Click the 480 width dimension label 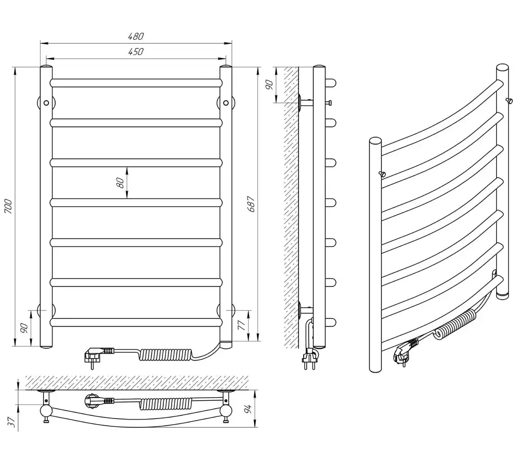tap(136, 36)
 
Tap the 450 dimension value tap(136, 51)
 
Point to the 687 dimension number tap(251, 204)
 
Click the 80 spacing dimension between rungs tap(121, 182)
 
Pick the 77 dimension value tap(242, 325)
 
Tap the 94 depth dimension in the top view tap(249, 409)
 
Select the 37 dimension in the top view tap(12, 422)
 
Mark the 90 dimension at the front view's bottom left tap(24, 328)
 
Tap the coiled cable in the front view tap(165, 355)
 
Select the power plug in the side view tap(308, 359)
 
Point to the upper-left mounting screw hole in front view tap(46, 103)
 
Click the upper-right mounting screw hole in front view tap(226, 103)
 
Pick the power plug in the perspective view tap(405, 352)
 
